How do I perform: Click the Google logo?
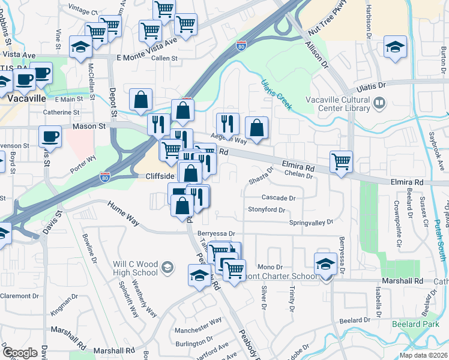20,353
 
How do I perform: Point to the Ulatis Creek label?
277,94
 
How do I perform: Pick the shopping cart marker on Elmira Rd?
341,161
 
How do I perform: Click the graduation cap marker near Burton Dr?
396,46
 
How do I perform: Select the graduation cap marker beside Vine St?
80,47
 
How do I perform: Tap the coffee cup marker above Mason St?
50,136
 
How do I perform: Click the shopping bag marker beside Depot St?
140,100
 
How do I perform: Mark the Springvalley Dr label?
311,222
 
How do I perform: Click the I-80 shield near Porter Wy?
104,178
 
